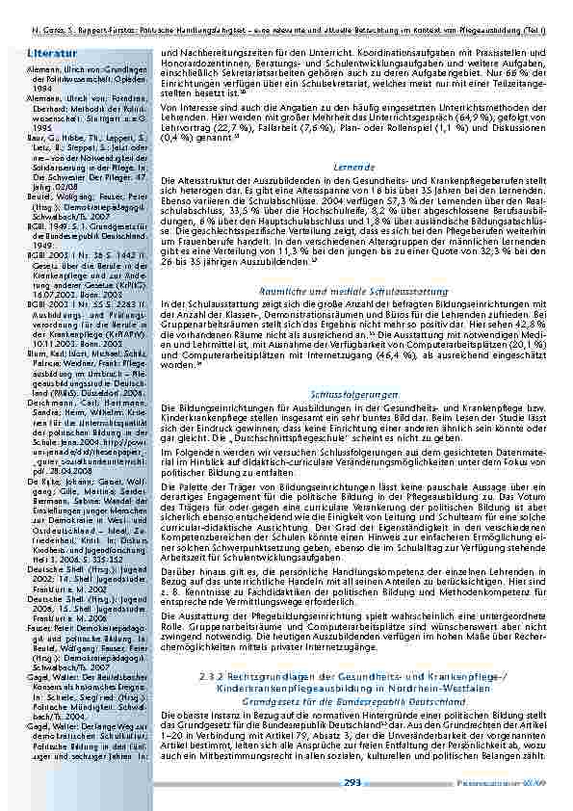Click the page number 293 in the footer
352,783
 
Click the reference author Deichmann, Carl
40,373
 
